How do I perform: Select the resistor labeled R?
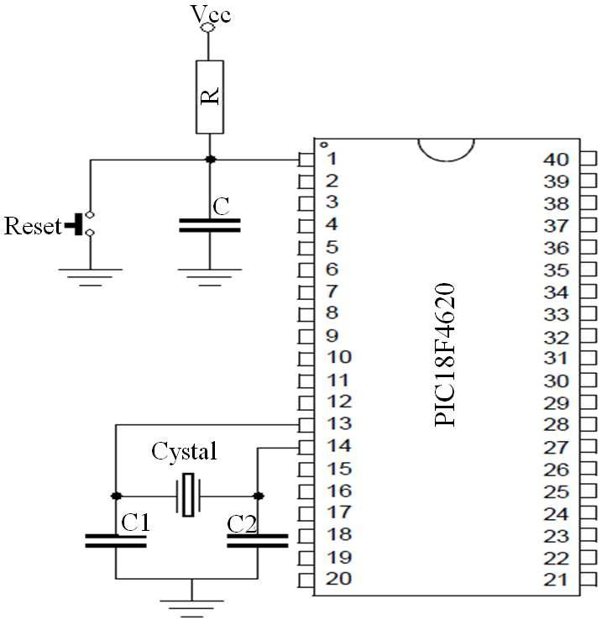point(210,97)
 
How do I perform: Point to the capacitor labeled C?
point(210,224)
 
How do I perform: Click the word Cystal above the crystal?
point(184,451)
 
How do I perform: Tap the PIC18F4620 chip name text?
point(447,355)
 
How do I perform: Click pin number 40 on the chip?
point(557,160)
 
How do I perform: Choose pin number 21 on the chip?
point(557,580)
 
